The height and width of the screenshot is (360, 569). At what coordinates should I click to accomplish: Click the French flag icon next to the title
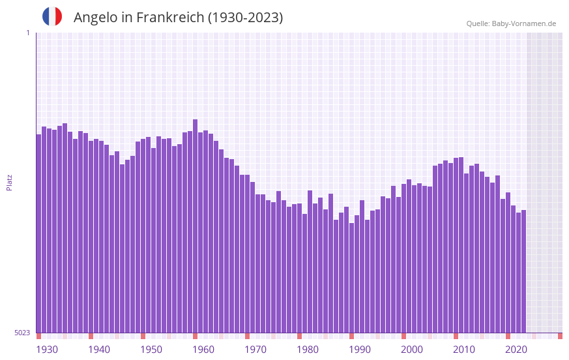52,16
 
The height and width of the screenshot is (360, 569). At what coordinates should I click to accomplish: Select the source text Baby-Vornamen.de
523,23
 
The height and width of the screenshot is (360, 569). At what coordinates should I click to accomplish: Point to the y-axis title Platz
9,182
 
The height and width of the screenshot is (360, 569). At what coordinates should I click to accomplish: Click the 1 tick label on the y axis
27,33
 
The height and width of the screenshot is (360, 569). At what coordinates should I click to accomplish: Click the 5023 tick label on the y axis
22,333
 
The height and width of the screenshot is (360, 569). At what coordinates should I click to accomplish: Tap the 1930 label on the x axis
47,350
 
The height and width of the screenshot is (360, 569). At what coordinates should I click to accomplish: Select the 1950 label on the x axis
151,350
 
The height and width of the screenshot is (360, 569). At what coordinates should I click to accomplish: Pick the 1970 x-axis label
255,350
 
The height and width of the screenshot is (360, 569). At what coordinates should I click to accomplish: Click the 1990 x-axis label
360,350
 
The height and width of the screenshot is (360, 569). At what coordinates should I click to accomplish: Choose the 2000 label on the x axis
412,350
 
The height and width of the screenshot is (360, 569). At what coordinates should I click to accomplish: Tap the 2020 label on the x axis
516,350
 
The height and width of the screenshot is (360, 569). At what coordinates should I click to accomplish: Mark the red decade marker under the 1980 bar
299,336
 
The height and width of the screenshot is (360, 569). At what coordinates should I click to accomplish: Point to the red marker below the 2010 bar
456,336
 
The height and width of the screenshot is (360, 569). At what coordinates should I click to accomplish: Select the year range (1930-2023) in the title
245,18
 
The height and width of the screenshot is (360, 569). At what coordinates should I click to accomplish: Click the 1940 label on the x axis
99,350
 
